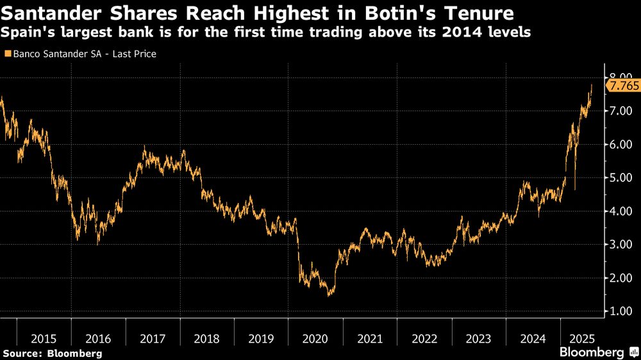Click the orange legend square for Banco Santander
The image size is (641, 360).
click(x=7, y=54)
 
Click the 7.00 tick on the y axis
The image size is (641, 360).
click(x=621, y=111)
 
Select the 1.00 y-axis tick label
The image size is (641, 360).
click(x=621, y=311)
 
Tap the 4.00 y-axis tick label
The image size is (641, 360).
click(x=621, y=211)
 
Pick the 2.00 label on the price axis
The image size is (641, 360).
click(x=621, y=278)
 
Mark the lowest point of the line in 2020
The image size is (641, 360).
click(x=329, y=295)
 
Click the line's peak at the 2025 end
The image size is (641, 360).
click(x=591, y=85)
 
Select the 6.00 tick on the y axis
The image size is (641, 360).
click(x=621, y=145)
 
